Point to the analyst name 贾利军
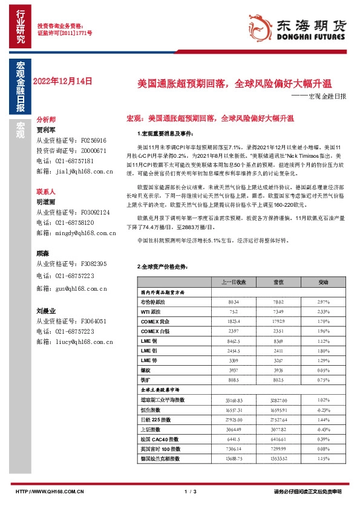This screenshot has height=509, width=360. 46,129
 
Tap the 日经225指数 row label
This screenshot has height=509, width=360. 152,419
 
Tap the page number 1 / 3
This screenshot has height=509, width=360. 191,491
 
